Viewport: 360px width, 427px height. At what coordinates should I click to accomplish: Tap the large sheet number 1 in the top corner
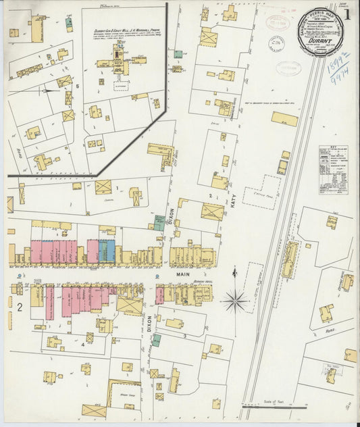(x=346, y=14)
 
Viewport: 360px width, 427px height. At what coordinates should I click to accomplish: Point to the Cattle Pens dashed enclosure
(x=262, y=191)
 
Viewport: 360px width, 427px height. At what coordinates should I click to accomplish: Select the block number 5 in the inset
(x=78, y=86)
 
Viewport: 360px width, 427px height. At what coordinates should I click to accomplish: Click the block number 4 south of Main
(x=83, y=344)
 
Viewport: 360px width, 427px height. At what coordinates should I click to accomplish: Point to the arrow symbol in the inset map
(x=47, y=90)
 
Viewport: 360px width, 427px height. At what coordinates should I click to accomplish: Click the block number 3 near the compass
(x=184, y=334)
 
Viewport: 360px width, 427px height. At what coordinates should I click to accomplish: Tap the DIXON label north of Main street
(x=171, y=216)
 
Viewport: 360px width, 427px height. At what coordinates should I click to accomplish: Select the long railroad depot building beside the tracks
(x=289, y=259)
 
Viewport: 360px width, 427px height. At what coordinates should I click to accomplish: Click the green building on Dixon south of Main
(x=156, y=340)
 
